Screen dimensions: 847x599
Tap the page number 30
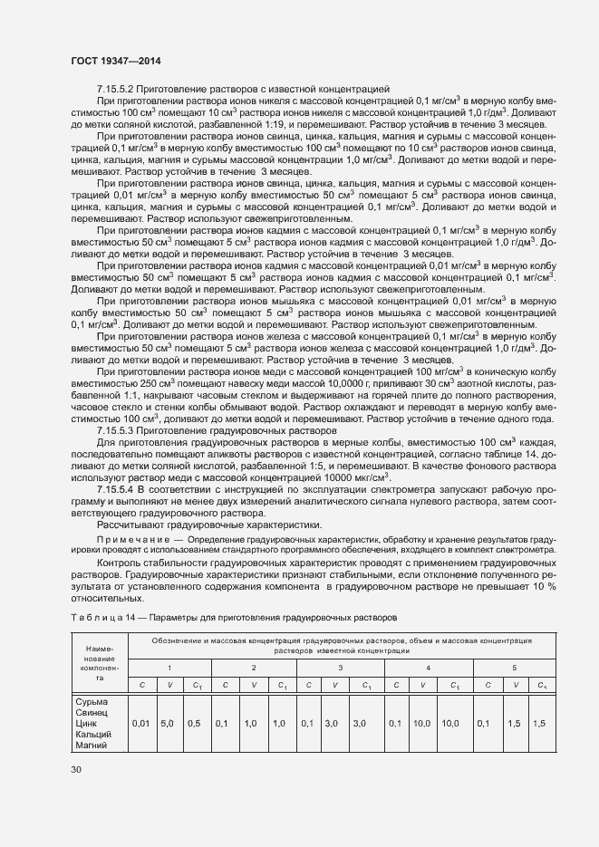click(x=76, y=770)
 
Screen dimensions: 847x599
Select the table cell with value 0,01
click(x=141, y=724)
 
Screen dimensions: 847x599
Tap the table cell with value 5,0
click(x=167, y=724)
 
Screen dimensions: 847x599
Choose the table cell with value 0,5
click(x=194, y=724)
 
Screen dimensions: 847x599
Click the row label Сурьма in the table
click(x=90, y=701)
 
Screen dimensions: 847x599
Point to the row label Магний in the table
click(x=91, y=745)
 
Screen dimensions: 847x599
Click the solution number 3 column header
click(x=340, y=668)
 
